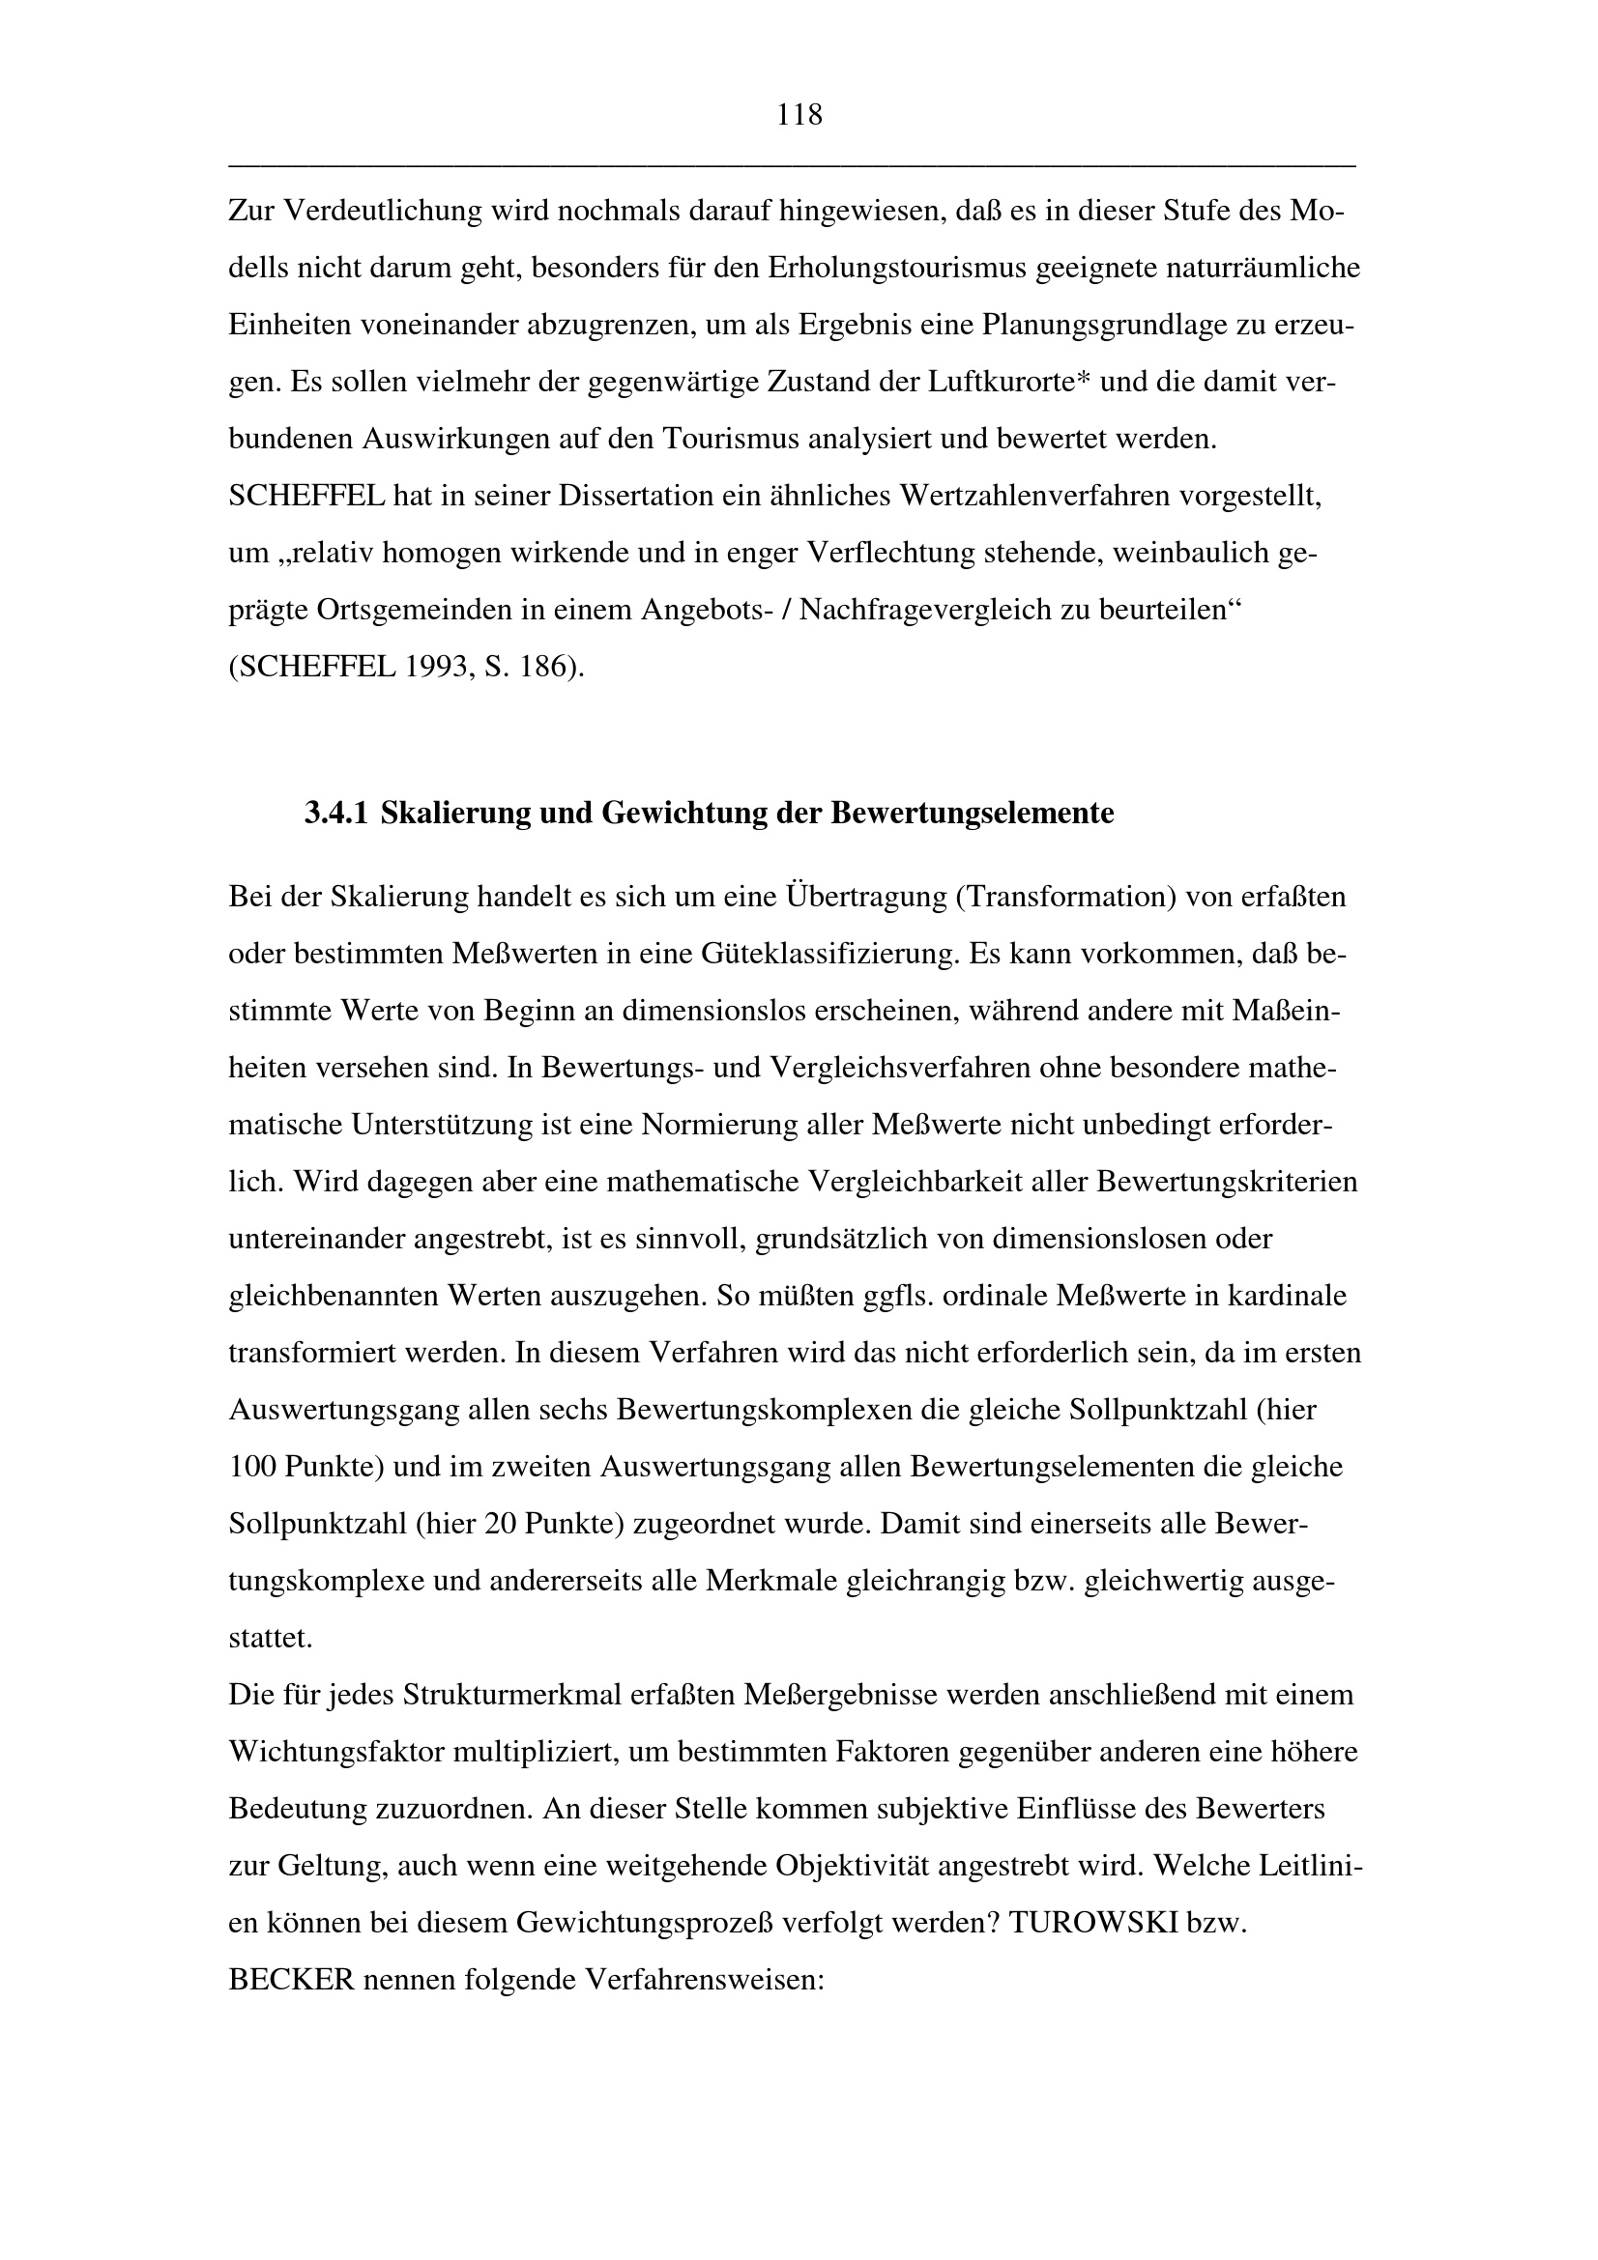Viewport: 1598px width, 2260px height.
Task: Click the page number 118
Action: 799,116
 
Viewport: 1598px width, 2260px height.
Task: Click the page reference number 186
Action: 552,668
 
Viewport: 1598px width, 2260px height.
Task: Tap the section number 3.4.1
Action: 335,814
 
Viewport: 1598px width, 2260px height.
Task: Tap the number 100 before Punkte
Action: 253,1468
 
